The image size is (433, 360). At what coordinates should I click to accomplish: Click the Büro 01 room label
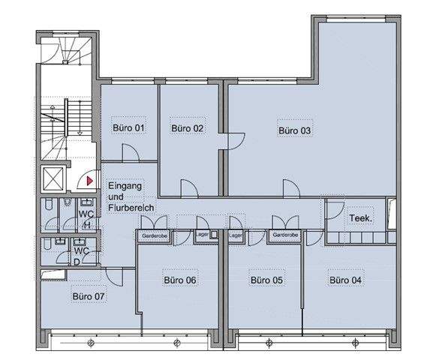coord(128,128)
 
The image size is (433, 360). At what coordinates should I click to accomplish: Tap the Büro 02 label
coord(187,128)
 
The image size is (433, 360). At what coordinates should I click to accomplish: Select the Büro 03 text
coord(294,130)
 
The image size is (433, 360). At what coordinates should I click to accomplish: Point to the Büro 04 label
coord(345,280)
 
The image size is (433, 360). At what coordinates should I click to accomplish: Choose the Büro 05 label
coord(266,280)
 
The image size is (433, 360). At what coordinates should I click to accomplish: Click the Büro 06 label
coord(180,280)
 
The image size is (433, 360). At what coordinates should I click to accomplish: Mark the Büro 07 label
coord(89,296)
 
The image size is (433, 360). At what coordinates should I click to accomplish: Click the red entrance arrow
coord(90,181)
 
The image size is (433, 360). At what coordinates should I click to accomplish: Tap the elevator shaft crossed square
coord(53,178)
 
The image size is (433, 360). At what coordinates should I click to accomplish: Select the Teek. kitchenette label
coord(361,218)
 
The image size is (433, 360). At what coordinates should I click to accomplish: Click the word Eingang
coord(125,186)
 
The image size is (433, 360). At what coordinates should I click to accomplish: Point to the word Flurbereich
coord(131,208)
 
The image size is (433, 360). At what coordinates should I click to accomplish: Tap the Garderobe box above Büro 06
coord(154,236)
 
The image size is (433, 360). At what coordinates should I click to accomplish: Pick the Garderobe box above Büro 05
coord(285,235)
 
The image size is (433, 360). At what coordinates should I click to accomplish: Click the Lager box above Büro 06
coord(206,235)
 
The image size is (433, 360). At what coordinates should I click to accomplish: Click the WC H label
coord(86,219)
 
